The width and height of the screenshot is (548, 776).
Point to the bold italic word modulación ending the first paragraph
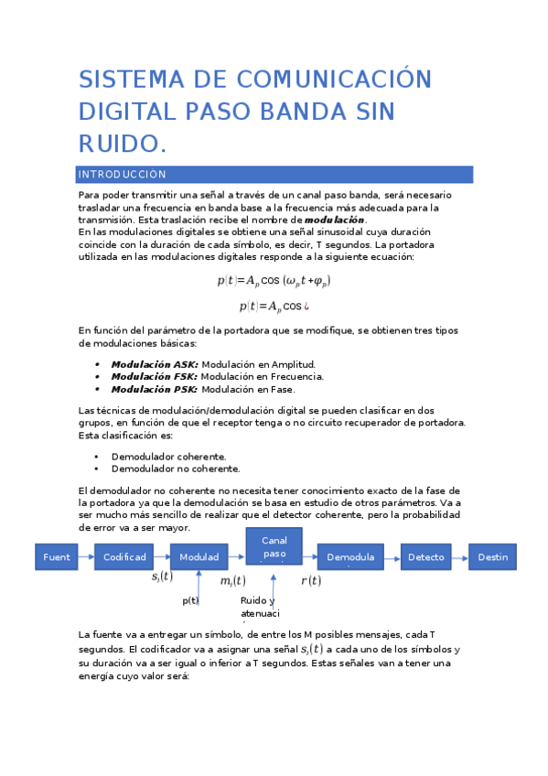tap(334, 221)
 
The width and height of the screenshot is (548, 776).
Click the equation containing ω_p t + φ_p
tap(274, 281)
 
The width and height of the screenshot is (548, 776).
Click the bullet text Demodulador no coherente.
tap(176, 469)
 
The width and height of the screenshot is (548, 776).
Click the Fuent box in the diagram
tap(56, 556)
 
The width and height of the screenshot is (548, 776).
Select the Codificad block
tap(124, 556)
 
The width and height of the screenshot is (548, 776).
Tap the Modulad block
tap(199, 556)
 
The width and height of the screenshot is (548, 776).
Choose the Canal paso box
tap(274, 546)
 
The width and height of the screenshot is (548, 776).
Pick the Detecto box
tap(426, 556)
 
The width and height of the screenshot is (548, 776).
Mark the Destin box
tap(492, 556)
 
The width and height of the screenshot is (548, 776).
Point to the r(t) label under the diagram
tap(311, 580)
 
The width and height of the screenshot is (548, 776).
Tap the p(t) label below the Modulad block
tap(190, 600)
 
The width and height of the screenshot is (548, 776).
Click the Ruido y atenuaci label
tap(260, 607)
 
